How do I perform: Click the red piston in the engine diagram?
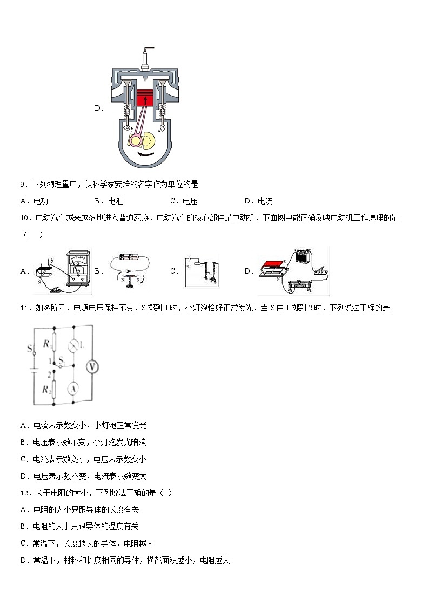(x=144, y=99)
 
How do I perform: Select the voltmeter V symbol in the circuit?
(x=92, y=367)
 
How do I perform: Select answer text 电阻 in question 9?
(x=115, y=201)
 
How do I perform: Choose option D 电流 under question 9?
(x=265, y=201)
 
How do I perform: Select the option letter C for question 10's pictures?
(x=173, y=271)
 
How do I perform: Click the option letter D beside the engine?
(x=99, y=108)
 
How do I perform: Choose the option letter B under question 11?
(x=24, y=442)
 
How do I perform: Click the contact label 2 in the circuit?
(x=49, y=373)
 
